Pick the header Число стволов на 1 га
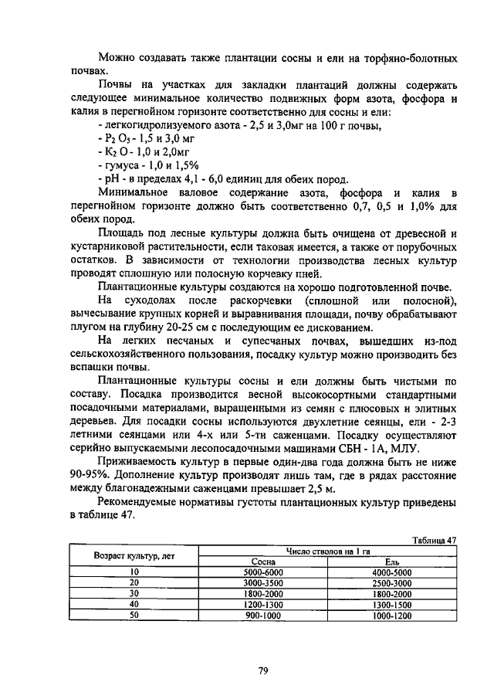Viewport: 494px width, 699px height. (328, 551)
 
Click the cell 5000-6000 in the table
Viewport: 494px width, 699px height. (264, 572)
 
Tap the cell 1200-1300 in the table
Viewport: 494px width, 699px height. (264, 605)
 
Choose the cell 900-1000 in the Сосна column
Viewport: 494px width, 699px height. (264, 616)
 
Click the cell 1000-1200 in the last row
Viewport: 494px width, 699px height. (392, 616)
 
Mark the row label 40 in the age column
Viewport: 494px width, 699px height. (134, 605)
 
